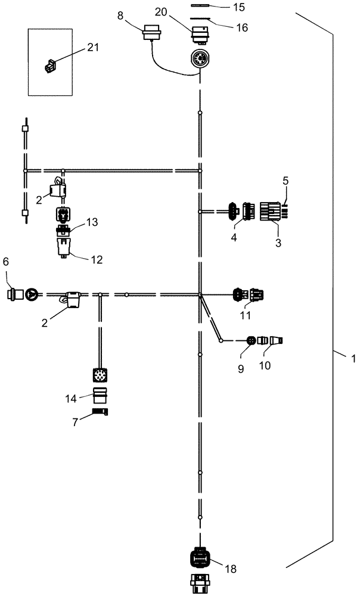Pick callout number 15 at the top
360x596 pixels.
click(222, 8)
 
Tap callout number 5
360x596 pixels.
click(285, 179)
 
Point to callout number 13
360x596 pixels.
click(92, 222)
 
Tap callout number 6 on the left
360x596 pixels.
click(7, 278)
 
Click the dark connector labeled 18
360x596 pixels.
click(200, 558)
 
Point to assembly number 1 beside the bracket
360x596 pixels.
click(353, 359)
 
